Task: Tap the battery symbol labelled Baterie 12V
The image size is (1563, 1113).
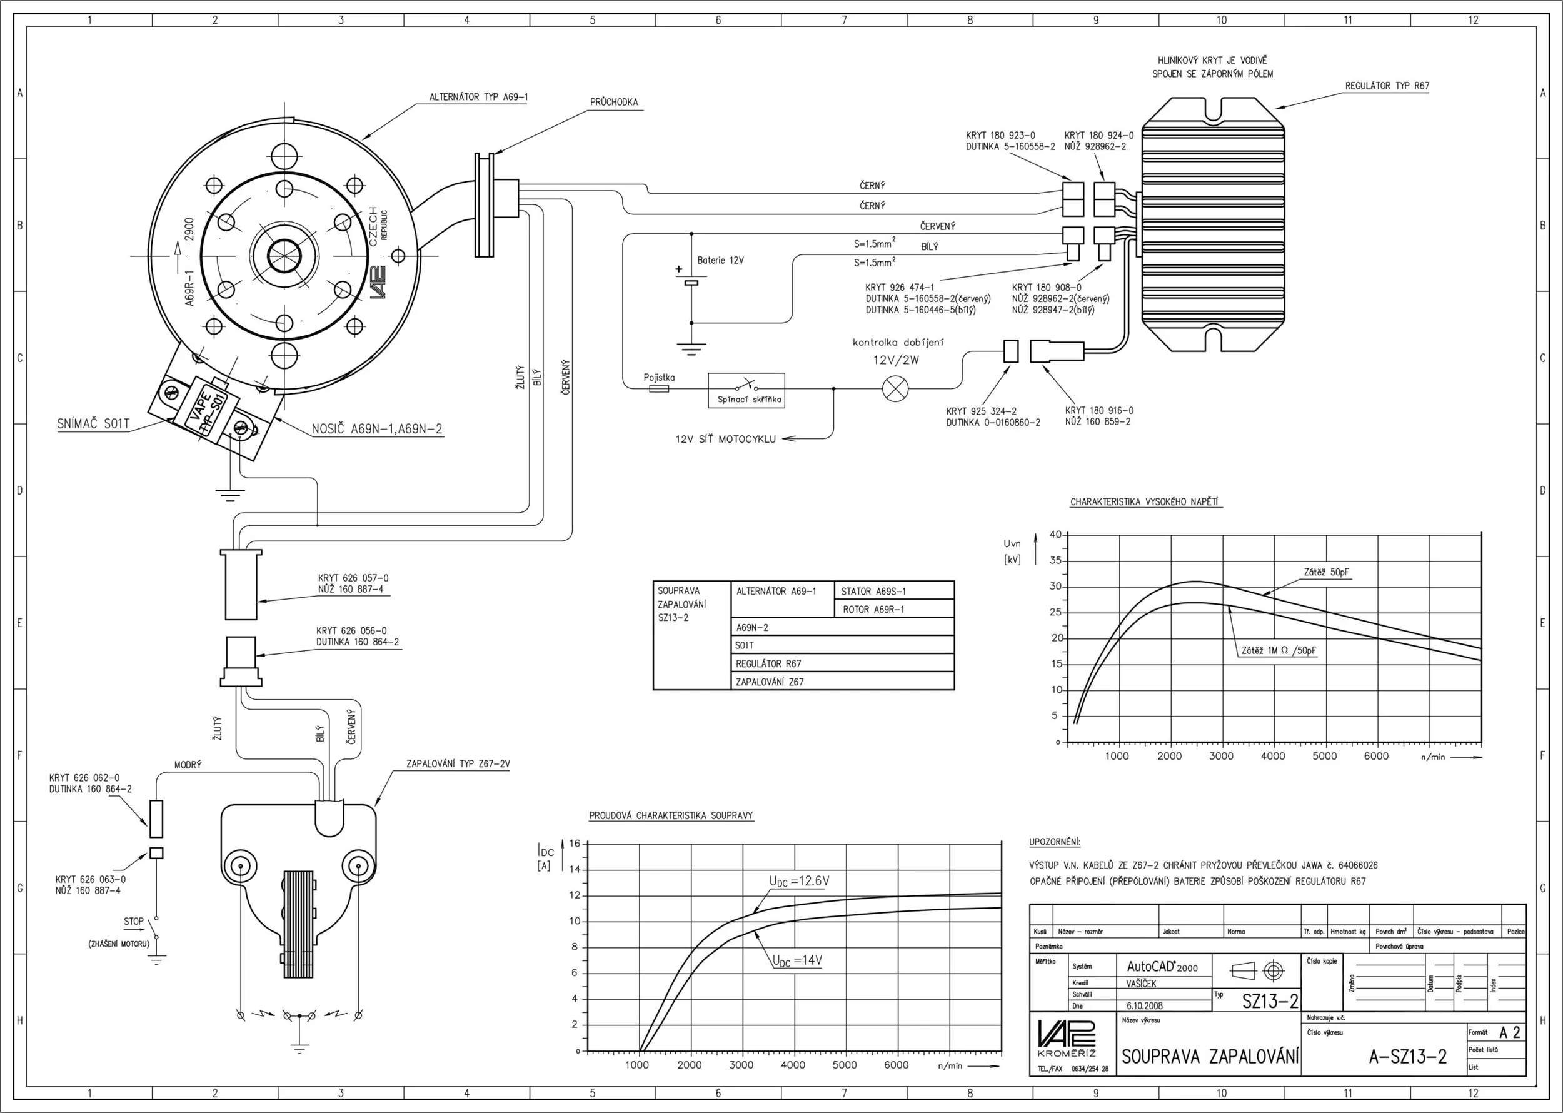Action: pos(691,281)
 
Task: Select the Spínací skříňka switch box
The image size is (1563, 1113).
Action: pos(746,391)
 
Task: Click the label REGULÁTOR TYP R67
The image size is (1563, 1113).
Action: pos(1387,86)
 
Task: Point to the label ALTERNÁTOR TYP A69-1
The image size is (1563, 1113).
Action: pos(478,98)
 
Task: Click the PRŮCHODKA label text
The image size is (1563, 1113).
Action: pos(613,103)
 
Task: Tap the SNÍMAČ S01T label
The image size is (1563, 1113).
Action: pos(93,424)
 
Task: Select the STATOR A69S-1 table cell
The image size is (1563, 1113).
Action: pos(873,592)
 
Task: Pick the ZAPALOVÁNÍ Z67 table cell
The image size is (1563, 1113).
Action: pos(770,682)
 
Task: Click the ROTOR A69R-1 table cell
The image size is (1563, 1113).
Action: pos(873,609)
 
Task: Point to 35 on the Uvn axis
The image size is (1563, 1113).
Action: pos(1055,561)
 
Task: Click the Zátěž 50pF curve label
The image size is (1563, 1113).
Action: pos(1326,572)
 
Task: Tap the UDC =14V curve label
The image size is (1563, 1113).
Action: pos(797,961)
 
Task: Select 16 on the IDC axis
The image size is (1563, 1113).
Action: pos(574,844)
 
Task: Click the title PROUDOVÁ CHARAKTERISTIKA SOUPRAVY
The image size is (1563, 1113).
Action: pos(671,815)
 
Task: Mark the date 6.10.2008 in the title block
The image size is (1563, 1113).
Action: pos(1143,1006)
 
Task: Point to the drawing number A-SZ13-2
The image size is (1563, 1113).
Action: pos(1407,1057)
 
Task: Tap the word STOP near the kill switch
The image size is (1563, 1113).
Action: pos(134,922)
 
